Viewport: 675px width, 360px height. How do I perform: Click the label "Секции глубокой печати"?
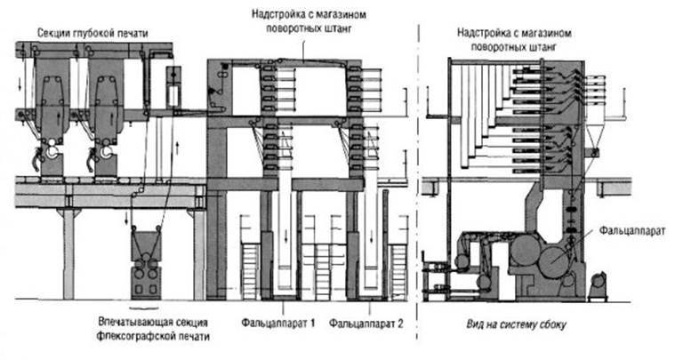[x=92, y=33]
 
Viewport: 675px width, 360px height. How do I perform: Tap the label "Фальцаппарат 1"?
[x=278, y=323]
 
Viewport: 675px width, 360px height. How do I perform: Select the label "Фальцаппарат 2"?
[x=366, y=323]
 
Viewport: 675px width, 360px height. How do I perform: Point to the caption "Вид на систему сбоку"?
[x=516, y=324]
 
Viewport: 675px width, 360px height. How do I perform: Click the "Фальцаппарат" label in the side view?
[x=632, y=230]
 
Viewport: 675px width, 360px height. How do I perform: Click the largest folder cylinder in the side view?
[x=555, y=261]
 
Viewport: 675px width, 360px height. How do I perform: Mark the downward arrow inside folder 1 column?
[x=285, y=236]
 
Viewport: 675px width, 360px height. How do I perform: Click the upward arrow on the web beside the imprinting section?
[x=177, y=148]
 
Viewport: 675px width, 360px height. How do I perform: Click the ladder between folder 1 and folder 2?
[x=323, y=272]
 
